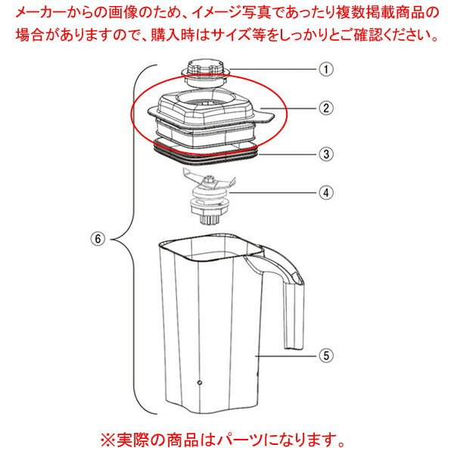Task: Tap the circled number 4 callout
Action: click(326, 192)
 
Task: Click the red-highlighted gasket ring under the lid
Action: click(208, 153)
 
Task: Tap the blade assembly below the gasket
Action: click(209, 182)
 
